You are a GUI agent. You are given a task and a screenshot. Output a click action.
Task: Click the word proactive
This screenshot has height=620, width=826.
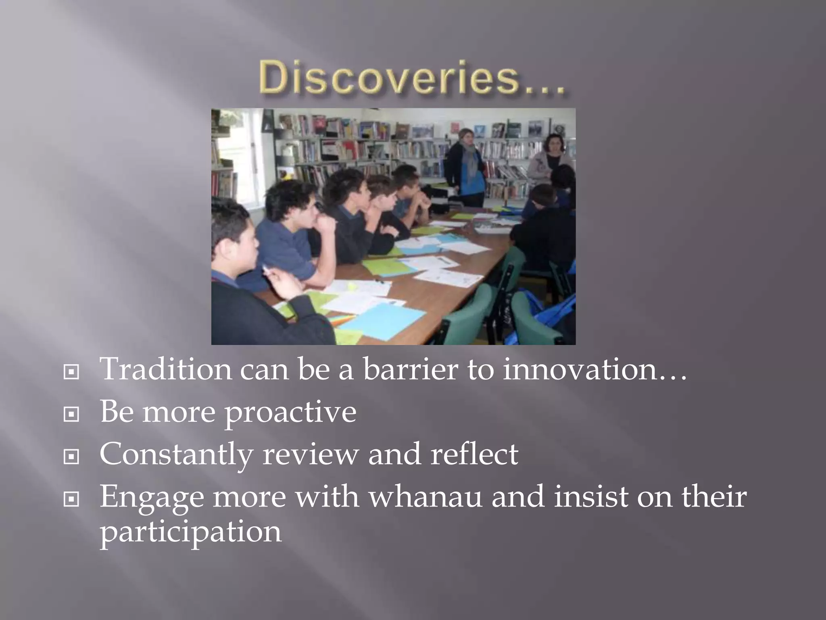pyautogui.click(x=290, y=412)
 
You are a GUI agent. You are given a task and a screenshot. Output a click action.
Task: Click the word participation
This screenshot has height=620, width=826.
pyautogui.click(x=190, y=532)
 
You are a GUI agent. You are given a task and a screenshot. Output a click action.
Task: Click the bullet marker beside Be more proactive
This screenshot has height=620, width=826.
pyautogui.click(x=71, y=414)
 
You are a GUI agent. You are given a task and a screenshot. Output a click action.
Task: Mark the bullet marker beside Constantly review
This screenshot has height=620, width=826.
pyautogui.click(x=71, y=457)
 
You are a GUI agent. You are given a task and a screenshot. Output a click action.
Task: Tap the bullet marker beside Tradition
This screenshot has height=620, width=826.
pyautogui.click(x=71, y=372)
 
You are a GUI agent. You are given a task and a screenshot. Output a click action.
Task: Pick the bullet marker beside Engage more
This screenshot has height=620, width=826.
pyautogui.click(x=71, y=500)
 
